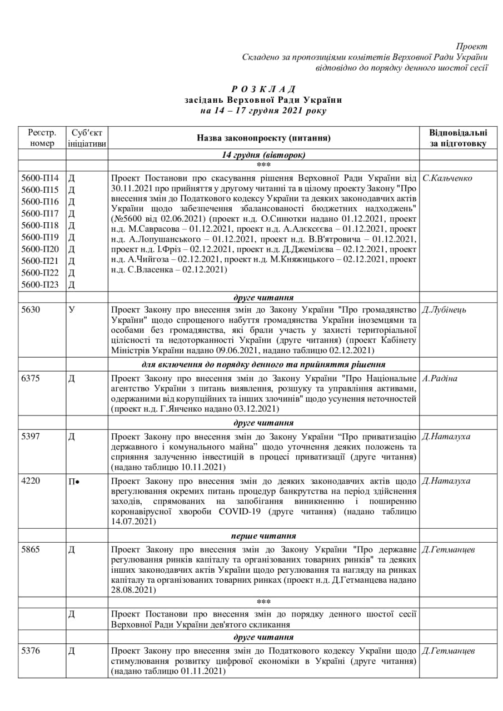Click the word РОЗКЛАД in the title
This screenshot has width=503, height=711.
point(263,89)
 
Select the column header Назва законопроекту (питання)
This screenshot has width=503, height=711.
point(263,138)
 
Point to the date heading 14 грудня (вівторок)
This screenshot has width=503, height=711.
point(263,155)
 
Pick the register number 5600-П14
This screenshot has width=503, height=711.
point(40,178)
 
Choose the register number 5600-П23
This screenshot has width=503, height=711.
point(40,285)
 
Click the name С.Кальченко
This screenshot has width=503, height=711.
point(447,178)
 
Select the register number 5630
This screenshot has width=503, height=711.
point(31,309)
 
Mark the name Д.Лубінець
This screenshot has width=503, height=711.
point(444,309)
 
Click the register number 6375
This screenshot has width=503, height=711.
point(31,378)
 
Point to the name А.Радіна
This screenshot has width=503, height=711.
point(440,378)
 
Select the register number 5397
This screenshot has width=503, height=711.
point(31,436)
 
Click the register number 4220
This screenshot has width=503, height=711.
point(31,481)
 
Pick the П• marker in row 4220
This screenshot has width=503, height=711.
point(74,481)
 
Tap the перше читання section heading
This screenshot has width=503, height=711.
point(263,536)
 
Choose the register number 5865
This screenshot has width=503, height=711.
point(31,550)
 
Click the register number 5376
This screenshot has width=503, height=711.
point(31,651)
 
